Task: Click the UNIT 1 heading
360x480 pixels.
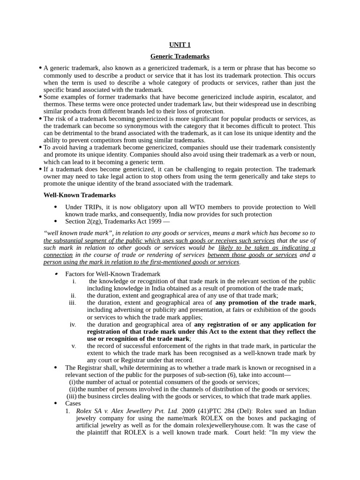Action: tap(180, 45)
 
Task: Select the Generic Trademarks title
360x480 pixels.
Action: tap(180, 56)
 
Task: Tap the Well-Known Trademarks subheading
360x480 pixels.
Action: tap(80, 195)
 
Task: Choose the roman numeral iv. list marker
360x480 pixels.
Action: tap(73, 324)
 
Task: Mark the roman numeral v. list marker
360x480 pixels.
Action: tap(74, 346)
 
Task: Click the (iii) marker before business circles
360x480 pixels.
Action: tap(71, 396)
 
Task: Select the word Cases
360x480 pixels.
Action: tap(73, 403)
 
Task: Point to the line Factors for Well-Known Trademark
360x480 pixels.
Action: tap(112, 274)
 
